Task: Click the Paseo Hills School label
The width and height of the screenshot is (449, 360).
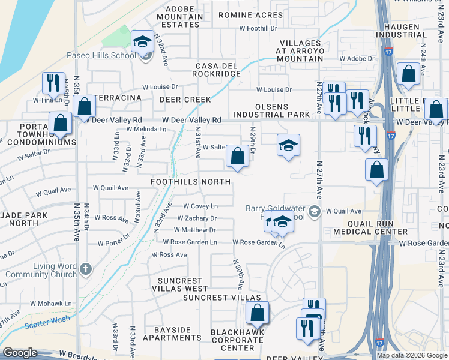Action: tap(106, 56)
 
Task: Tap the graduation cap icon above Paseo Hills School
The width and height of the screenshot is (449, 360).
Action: tap(142, 41)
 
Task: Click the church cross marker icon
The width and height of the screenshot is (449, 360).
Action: tap(86, 269)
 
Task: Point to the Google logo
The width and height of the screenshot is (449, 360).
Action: tap(20, 353)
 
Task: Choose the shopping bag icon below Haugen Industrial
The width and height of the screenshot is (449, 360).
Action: tap(408, 74)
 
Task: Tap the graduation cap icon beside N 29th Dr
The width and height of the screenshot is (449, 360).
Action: tap(288, 145)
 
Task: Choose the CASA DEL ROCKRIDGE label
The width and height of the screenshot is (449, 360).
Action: tap(216, 70)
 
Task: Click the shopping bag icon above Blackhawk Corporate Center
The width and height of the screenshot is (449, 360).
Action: tap(257, 313)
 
